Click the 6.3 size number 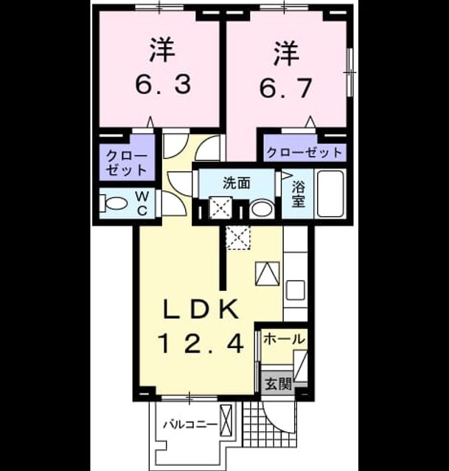click(x=163, y=85)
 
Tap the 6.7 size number click(x=285, y=88)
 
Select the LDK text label click(x=201, y=309)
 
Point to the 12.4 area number click(x=201, y=344)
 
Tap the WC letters click(x=142, y=203)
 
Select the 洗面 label click(x=237, y=183)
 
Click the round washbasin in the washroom click(x=262, y=208)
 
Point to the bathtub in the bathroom click(x=330, y=194)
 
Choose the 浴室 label click(x=299, y=194)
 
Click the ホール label click(x=285, y=339)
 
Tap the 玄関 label click(x=279, y=383)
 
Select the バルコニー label click(x=190, y=425)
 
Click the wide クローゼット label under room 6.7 click(x=304, y=152)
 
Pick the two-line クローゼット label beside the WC click(x=127, y=163)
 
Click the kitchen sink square click(x=296, y=290)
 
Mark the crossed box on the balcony click(x=226, y=420)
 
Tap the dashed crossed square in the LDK click(x=238, y=238)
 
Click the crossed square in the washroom click(x=221, y=207)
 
